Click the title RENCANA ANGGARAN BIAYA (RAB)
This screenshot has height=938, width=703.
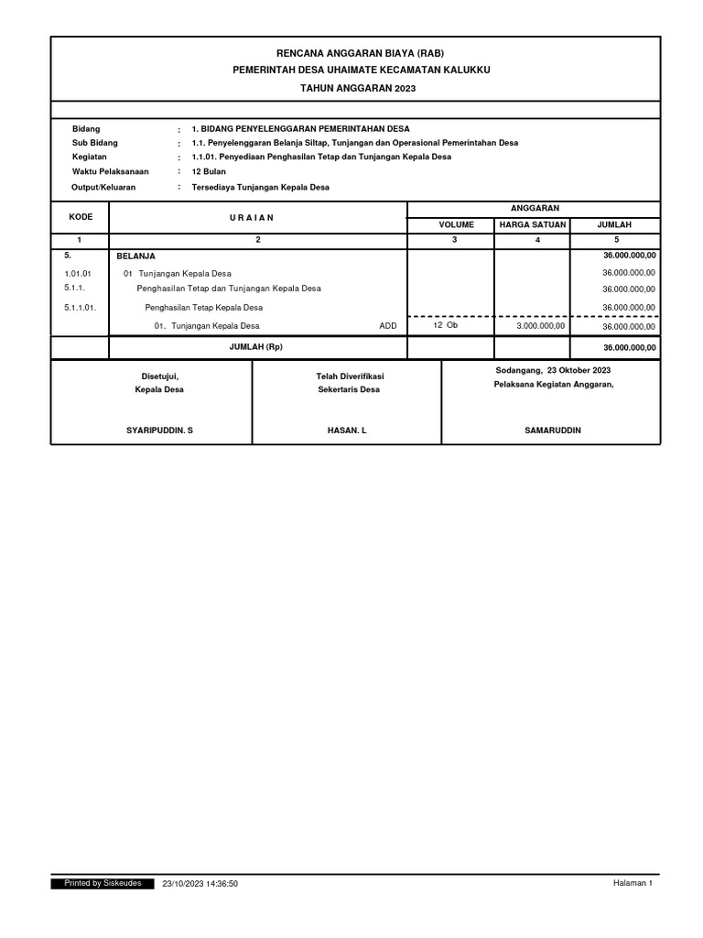[354, 53]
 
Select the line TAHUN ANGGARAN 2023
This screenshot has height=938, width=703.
[354, 87]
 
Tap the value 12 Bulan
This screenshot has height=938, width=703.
[209, 171]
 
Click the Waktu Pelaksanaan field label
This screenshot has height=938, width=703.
[110, 171]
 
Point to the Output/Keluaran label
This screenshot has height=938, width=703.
[103, 187]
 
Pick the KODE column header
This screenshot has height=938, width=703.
[81, 217]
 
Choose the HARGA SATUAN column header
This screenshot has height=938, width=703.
[532, 224]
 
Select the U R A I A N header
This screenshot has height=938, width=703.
[257, 217]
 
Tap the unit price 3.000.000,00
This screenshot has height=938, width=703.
[541, 326]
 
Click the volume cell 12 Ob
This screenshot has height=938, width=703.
[445, 325]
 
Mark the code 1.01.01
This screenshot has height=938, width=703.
[79, 273]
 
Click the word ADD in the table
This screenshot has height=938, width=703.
[388, 326]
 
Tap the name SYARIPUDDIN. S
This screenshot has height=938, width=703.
[159, 430]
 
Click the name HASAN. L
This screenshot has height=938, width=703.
[346, 430]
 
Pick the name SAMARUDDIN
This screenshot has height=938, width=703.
[553, 430]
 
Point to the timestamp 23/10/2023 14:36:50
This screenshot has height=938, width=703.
[200, 883]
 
